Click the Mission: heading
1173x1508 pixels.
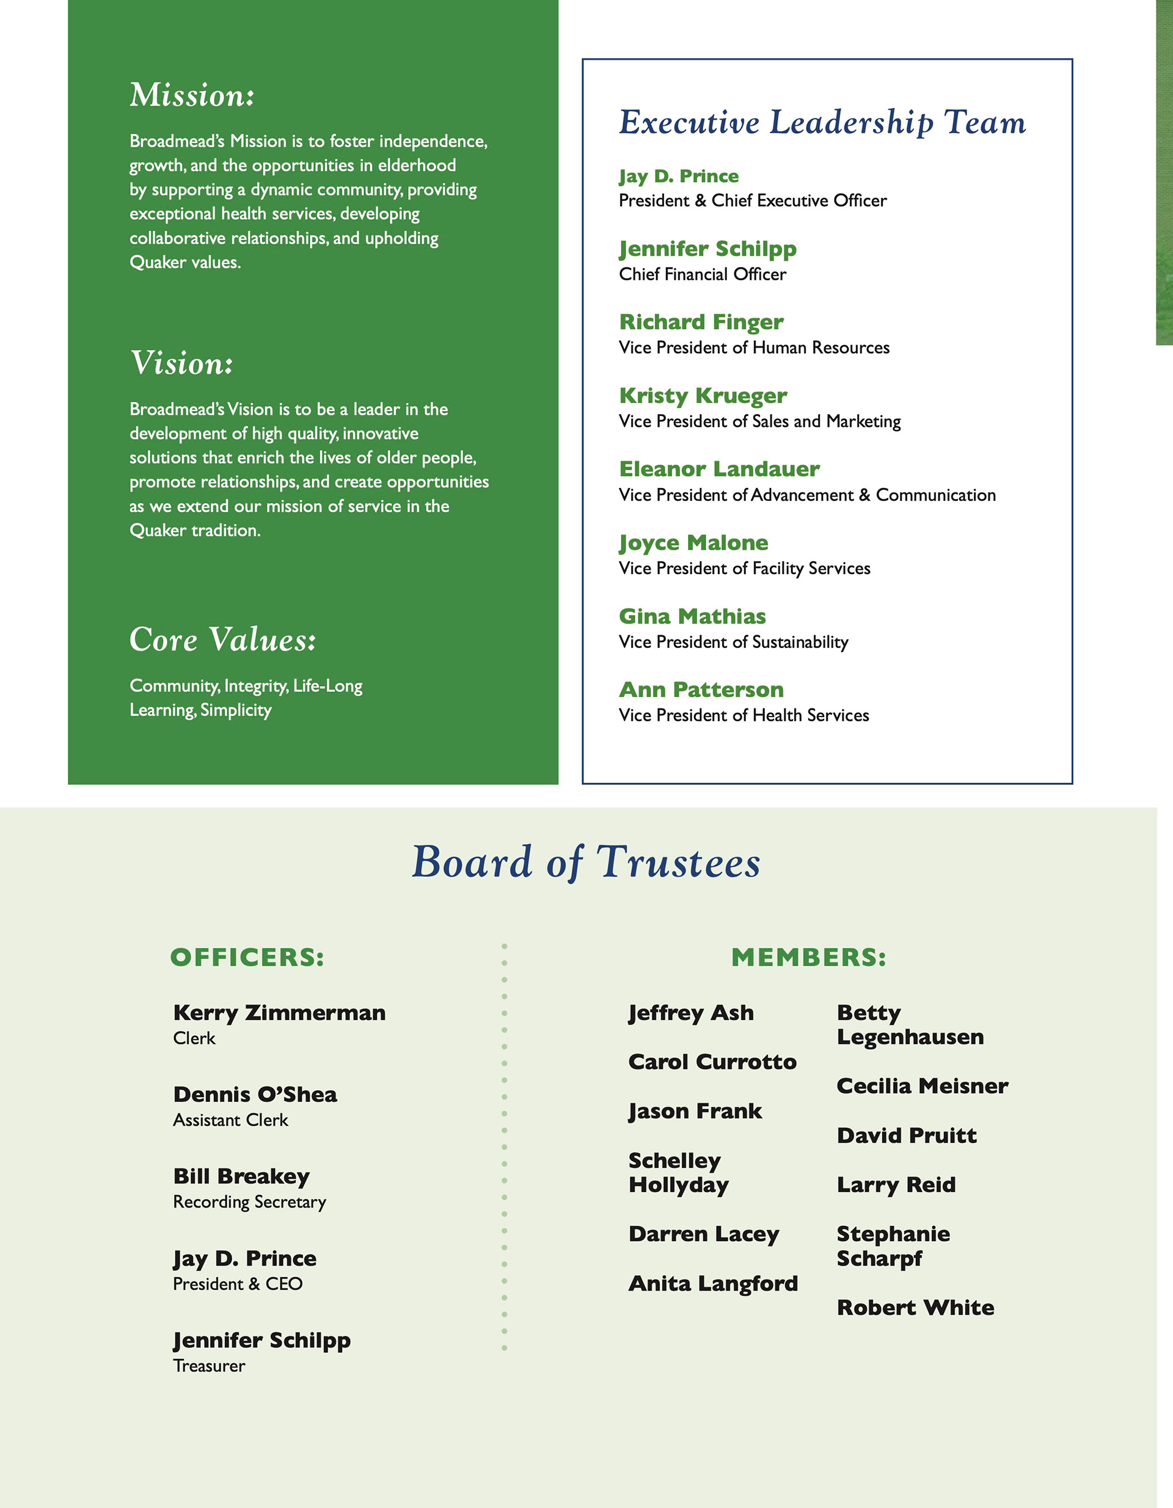click(x=192, y=95)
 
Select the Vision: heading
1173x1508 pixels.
click(x=181, y=363)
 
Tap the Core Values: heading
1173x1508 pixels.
click(x=222, y=639)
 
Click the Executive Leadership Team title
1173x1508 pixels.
click(x=822, y=123)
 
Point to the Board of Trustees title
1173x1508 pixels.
click(x=586, y=862)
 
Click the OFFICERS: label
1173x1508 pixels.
click(x=247, y=958)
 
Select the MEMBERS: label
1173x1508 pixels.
click(x=808, y=958)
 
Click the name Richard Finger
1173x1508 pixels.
click(x=701, y=322)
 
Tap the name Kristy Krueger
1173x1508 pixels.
click(x=703, y=396)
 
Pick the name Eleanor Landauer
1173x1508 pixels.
click(x=719, y=469)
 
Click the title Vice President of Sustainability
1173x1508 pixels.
click(x=733, y=642)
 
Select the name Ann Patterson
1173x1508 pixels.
click(x=701, y=689)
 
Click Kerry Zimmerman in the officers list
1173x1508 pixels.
click(x=279, y=1013)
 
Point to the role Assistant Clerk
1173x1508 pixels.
click(x=230, y=1120)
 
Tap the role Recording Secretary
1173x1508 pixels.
click(x=249, y=1202)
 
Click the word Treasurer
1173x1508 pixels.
click(x=208, y=1366)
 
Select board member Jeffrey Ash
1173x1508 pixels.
click(x=691, y=1013)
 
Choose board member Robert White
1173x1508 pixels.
click(x=915, y=1307)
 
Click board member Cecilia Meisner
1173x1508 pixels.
click(x=923, y=1086)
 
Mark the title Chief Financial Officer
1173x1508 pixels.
click(x=702, y=274)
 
